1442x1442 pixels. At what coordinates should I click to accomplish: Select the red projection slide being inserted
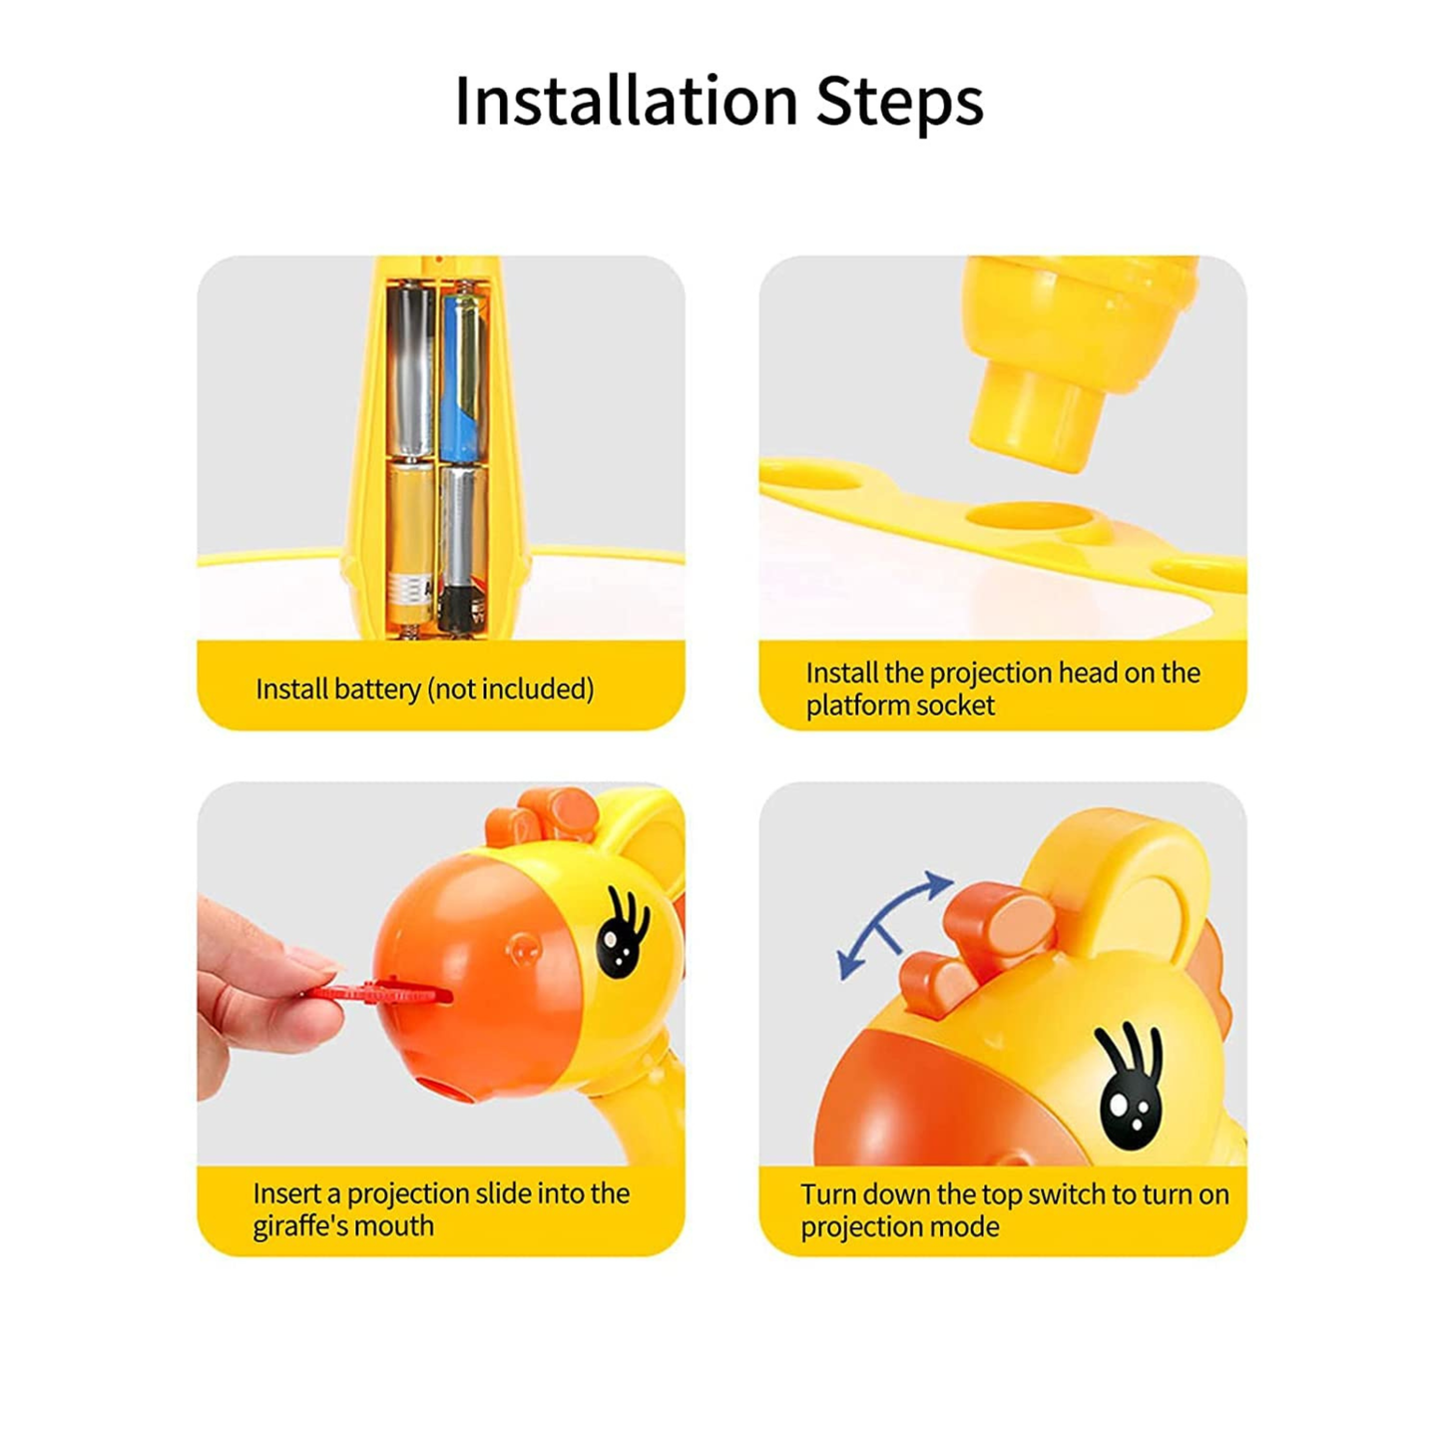point(378,993)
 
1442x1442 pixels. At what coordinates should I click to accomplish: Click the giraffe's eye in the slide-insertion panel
point(623,934)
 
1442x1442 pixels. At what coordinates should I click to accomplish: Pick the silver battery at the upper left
point(410,370)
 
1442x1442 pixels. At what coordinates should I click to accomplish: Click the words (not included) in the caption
point(511,690)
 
